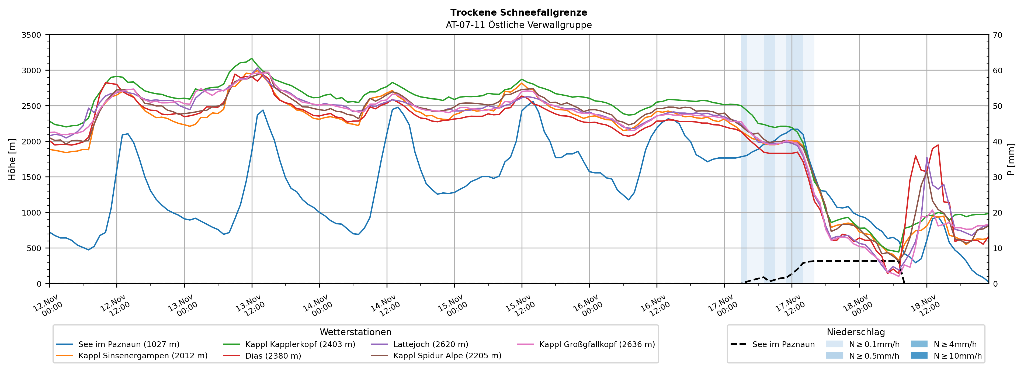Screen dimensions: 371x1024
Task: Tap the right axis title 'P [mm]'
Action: pos(1011,159)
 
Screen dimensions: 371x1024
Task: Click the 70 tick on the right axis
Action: pos(998,35)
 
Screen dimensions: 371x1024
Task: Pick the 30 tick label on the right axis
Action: pos(998,177)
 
